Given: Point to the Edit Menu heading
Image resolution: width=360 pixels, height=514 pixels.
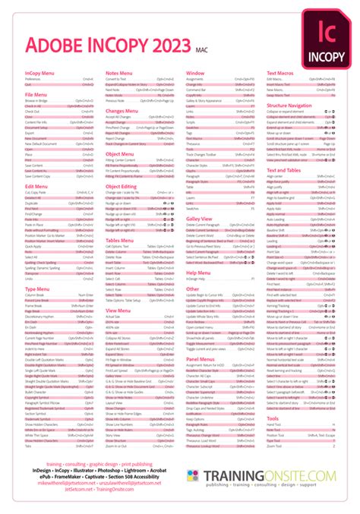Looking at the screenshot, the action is tap(36, 185).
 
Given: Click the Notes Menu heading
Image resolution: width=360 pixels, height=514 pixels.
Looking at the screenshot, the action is tap(119, 73).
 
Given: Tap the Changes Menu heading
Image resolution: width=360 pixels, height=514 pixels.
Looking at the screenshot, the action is tap(122, 111).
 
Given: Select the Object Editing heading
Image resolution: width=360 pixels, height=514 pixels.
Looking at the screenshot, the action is tap(122, 186).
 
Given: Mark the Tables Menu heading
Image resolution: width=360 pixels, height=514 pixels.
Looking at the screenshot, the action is tap(120, 238).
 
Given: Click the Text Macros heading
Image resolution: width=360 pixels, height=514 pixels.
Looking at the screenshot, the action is tap(281, 73).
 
